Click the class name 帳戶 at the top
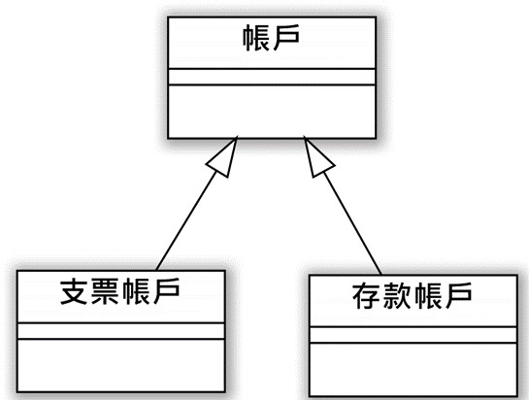[271, 38]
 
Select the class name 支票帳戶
[119, 291]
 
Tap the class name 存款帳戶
[412, 296]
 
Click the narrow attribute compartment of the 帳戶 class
[272, 77]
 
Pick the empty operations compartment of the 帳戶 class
[272, 112]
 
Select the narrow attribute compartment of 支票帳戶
[120, 331]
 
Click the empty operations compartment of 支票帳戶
[120, 365]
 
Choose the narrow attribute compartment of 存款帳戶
[413, 335]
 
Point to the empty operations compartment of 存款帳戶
[413, 369]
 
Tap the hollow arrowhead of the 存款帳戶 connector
[317, 157]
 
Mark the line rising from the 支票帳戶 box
[186, 220]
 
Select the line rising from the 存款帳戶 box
[352, 222]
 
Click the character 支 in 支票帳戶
[74, 291]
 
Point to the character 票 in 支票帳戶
[105, 291]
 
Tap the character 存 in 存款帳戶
[366, 296]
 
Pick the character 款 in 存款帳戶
[397, 296]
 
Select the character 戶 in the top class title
[286, 38]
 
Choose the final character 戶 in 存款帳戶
[458, 296]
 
